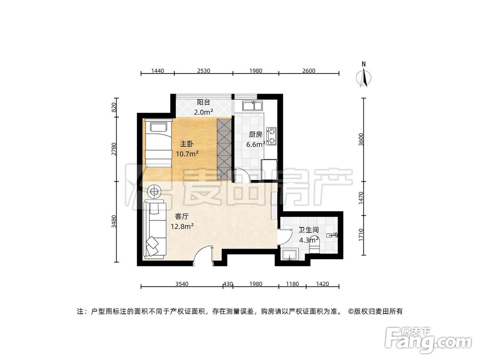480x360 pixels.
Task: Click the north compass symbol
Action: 364,76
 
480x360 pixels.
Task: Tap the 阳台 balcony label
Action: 204,102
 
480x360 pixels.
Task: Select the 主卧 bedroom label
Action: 187,144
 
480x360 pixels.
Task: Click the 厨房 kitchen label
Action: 255,134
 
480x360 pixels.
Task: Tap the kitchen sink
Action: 252,106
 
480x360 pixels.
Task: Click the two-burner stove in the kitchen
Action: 272,135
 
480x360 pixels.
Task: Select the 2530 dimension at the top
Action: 204,71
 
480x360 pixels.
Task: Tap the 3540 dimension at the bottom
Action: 181,284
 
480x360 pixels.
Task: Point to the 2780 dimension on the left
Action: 114,149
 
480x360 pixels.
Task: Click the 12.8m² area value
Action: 182,225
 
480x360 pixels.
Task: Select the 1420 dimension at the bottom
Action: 323,284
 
